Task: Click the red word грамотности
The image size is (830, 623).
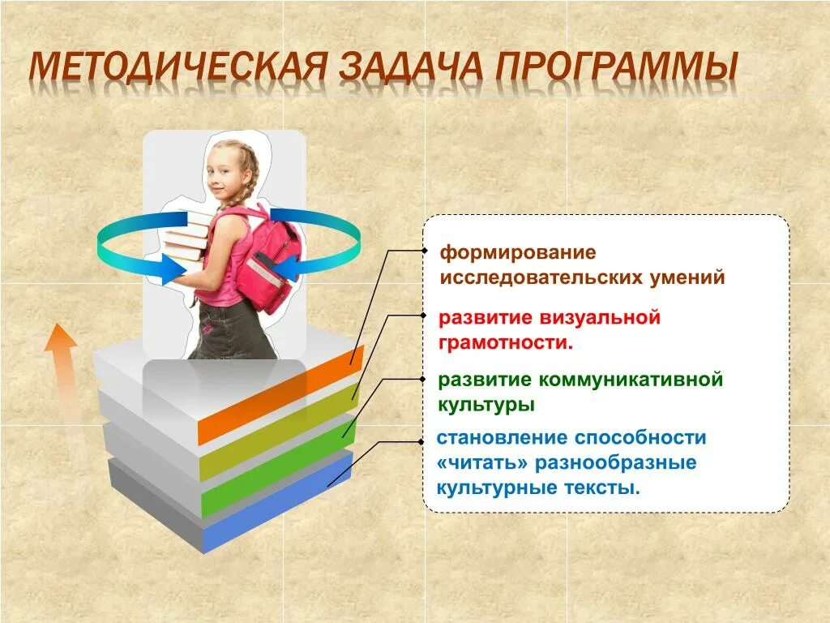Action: pos(505,342)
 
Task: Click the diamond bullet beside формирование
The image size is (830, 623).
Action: pos(423,251)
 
